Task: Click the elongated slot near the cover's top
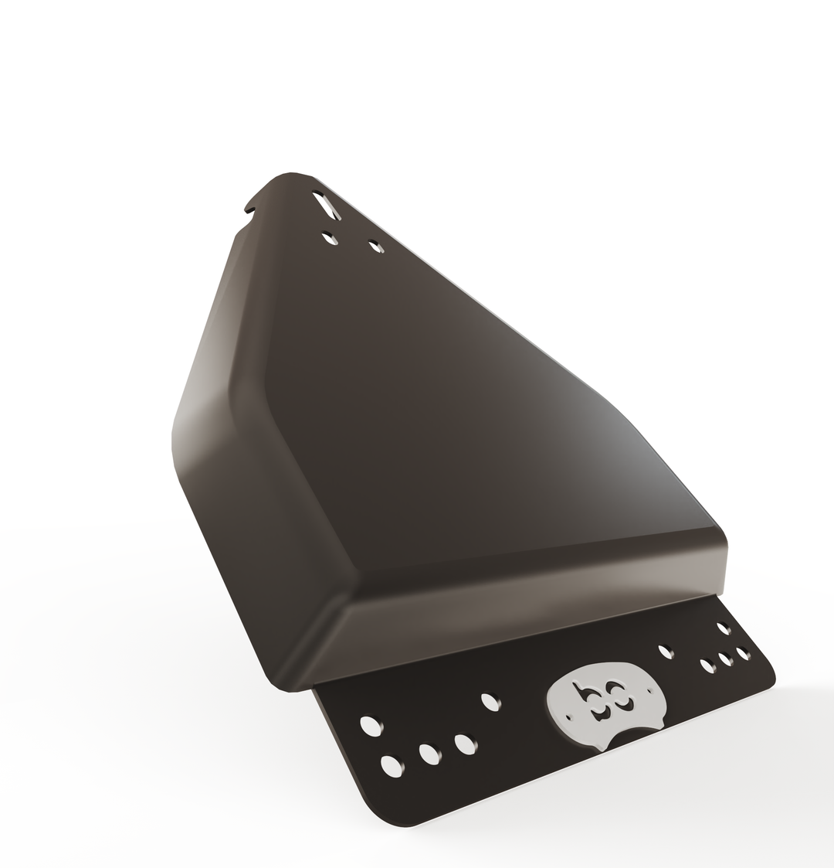[x=326, y=206]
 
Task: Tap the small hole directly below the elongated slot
[x=330, y=239]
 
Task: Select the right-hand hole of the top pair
[x=375, y=247]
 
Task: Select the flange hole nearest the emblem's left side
[x=489, y=702]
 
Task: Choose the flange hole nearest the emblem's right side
[x=665, y=652]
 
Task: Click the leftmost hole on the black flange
[x=370, y=726]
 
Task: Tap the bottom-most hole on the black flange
[x=392, y=766]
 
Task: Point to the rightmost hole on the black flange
[x=743, y=653]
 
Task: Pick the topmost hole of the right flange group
[x=724, y=628]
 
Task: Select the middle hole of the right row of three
[x=726, y=659]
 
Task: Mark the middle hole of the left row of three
[x=428, y=753]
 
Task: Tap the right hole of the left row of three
[x=465, y=743]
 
